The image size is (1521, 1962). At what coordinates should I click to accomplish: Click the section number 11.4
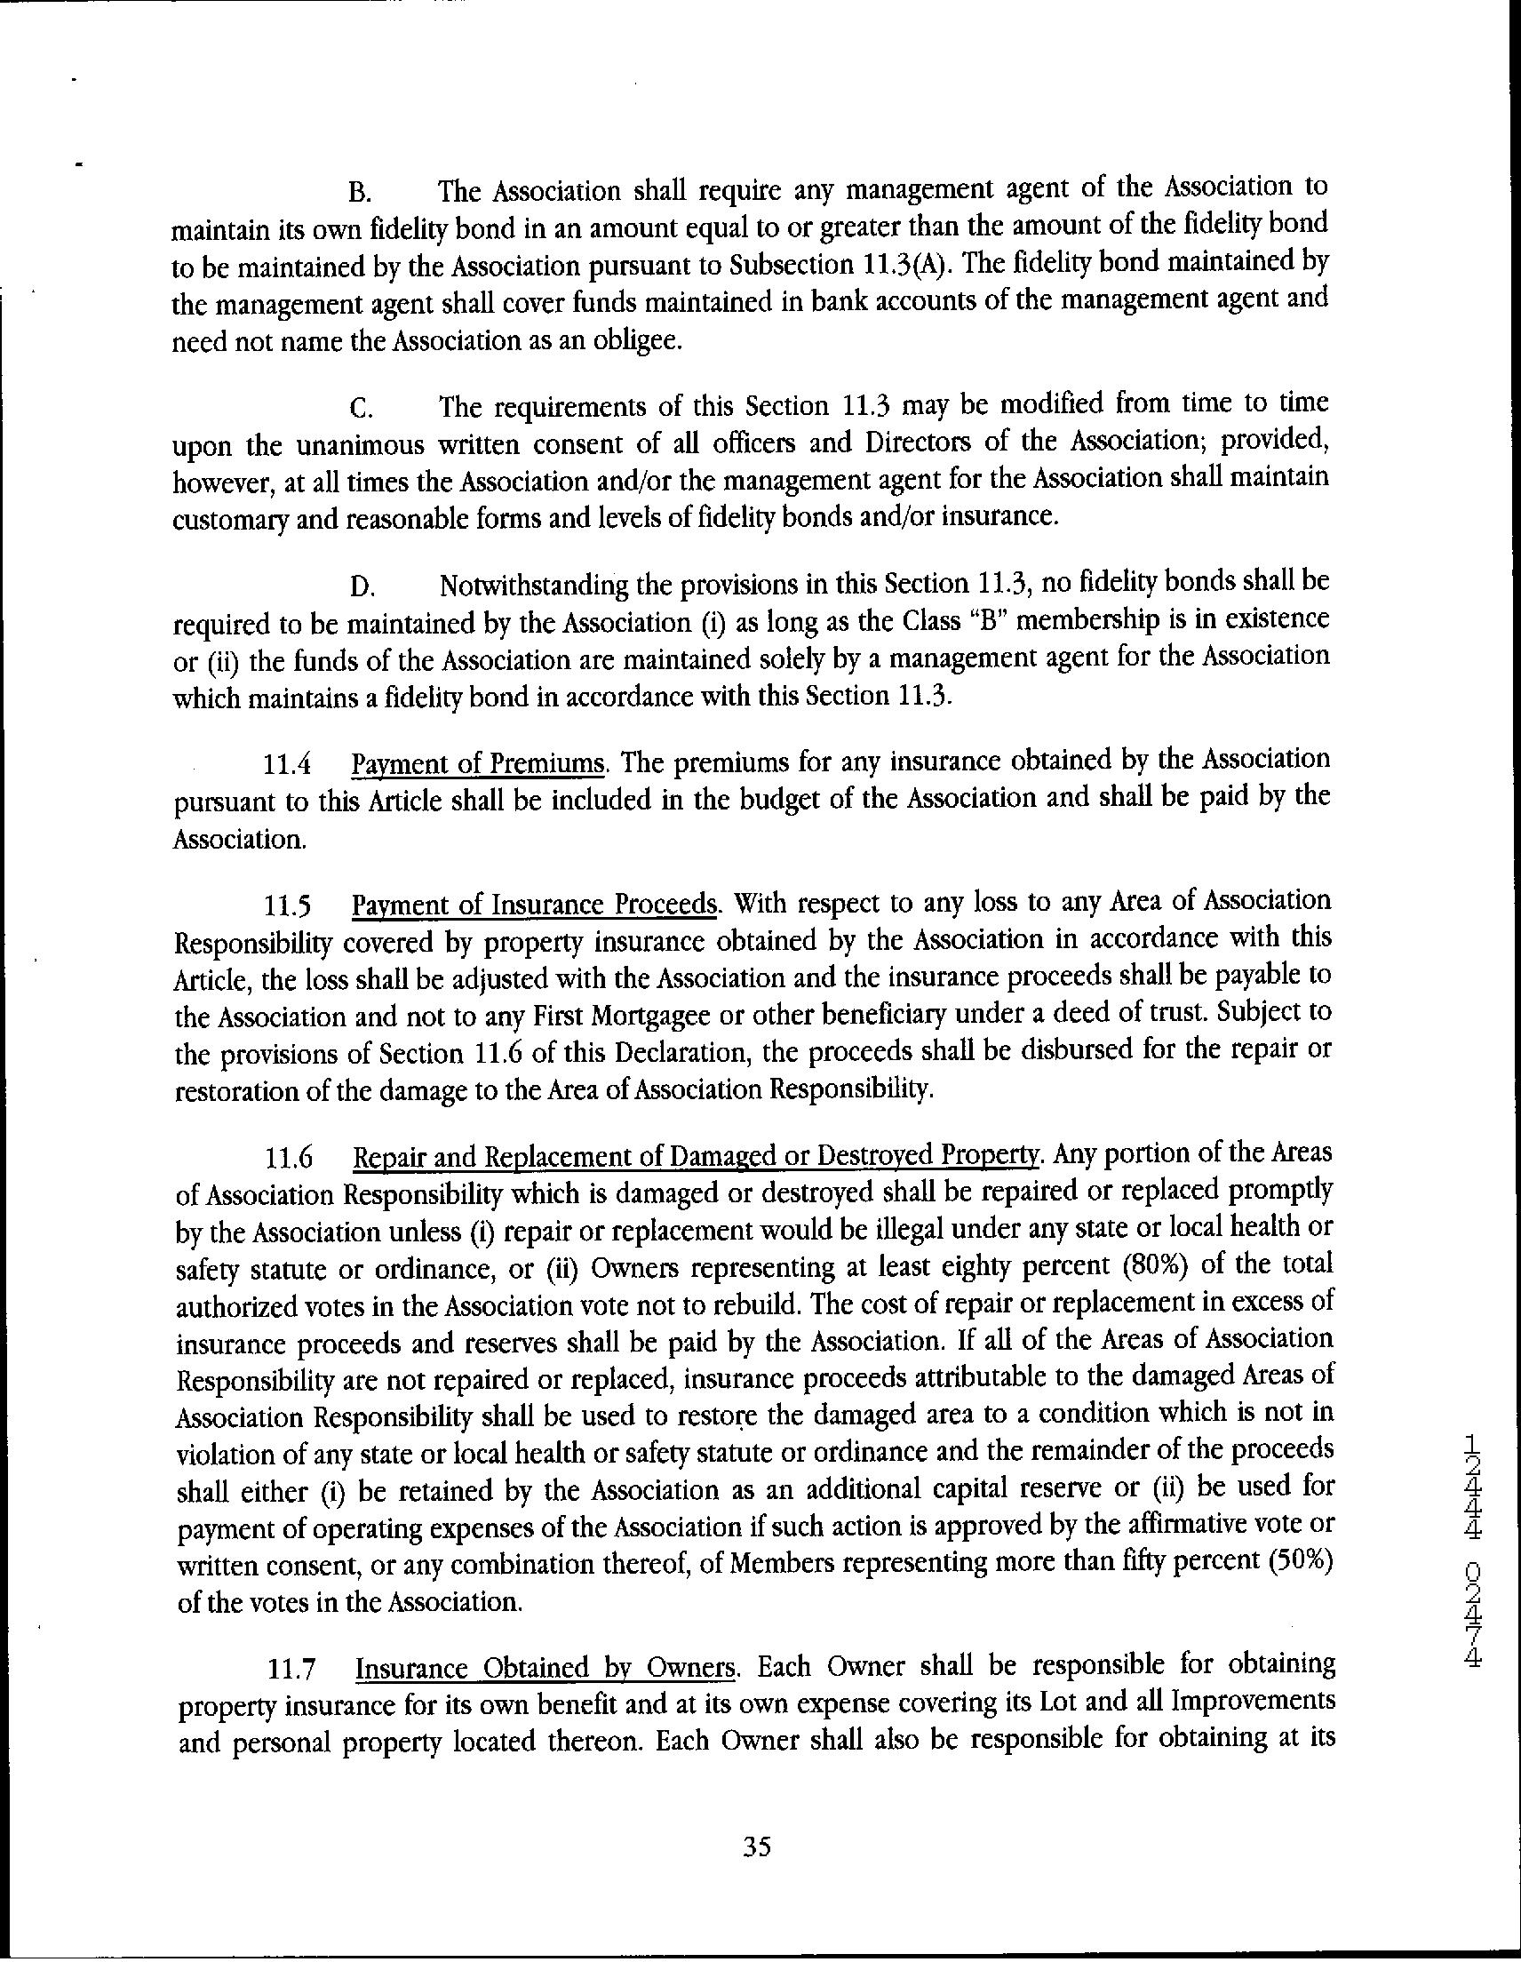[x=288, y=766]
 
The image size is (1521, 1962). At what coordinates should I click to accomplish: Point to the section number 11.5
[x=288, y=906]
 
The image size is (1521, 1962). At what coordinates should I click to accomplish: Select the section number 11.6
[x=289, y=1159]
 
